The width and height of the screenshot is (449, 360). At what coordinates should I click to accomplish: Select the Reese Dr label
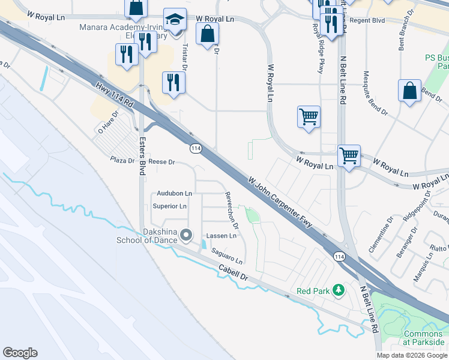(161, 162)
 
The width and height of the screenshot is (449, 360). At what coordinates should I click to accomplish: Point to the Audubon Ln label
(174, 193)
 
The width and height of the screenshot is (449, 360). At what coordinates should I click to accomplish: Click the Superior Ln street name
(170, 206)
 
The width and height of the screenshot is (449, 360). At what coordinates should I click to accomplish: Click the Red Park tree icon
(339, 290)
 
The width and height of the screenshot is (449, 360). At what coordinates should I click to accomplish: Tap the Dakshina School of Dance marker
(186, 235)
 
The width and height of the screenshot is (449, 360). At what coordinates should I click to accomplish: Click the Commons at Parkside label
(423, 338)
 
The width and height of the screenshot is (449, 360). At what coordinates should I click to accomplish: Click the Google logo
(20, 353)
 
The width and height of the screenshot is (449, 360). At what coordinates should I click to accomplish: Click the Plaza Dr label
(122, 160)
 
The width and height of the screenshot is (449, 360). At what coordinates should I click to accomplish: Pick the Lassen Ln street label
(221, 236)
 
